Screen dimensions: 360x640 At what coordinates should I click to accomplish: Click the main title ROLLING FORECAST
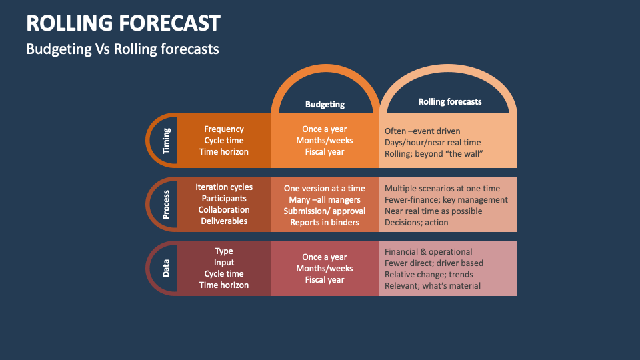point(123,23)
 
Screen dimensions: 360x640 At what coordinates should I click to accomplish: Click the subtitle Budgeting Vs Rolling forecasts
point(122,49)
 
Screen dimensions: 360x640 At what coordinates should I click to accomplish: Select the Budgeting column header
point(325,104)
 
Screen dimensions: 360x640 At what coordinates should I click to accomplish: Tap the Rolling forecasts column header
point(450,102)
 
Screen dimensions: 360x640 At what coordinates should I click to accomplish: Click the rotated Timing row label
point(166,141)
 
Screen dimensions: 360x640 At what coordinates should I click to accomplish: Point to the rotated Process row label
point(166,205)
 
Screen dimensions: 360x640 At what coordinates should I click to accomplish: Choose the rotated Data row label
point(166,268)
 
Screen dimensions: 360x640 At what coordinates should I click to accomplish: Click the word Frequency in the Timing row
point(224,129)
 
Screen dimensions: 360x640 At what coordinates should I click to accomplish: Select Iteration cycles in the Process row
point(224,187)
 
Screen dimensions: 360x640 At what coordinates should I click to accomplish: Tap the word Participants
point(224,199)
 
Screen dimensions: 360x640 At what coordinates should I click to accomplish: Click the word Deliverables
point(224,221)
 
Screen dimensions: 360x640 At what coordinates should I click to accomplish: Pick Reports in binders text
point(325,223)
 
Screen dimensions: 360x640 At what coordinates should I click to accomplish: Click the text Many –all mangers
point(325,200)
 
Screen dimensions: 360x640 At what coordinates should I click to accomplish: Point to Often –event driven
point(423,131)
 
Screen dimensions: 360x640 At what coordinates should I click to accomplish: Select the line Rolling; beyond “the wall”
point(433,154)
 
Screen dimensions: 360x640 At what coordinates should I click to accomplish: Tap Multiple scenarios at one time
point(442,189)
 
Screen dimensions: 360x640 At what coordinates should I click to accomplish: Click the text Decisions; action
point(417,223)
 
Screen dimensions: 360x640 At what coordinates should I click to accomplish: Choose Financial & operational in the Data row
point(429,252)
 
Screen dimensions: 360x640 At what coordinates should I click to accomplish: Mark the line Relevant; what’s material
point(433,286)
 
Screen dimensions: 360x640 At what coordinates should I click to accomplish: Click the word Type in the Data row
point(224,251)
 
